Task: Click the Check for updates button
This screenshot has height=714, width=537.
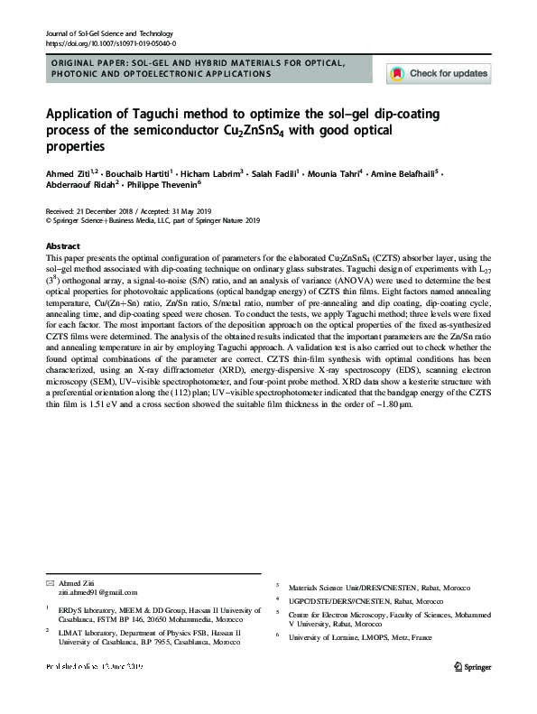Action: click(x=439, y=73)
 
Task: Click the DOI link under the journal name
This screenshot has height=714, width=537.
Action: click(x=110, y=43)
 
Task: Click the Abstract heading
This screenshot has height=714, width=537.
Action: click(x=63, y=246)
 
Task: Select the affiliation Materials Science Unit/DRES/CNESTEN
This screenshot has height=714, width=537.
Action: click(x=351, y=587)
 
